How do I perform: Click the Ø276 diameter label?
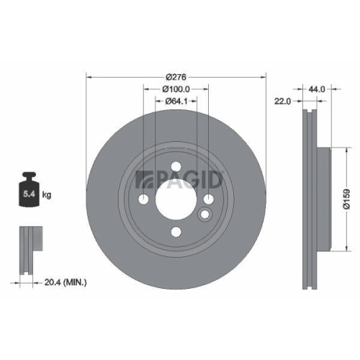[176, 77]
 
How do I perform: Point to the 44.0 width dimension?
[318, 89]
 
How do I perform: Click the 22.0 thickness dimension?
[282, 102]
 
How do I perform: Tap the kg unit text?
[47, 194]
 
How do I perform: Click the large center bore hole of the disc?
[176, 200]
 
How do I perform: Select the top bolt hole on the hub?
[176, 169]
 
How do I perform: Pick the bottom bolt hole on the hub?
[176, 231]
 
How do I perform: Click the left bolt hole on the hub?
[145, 200]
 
